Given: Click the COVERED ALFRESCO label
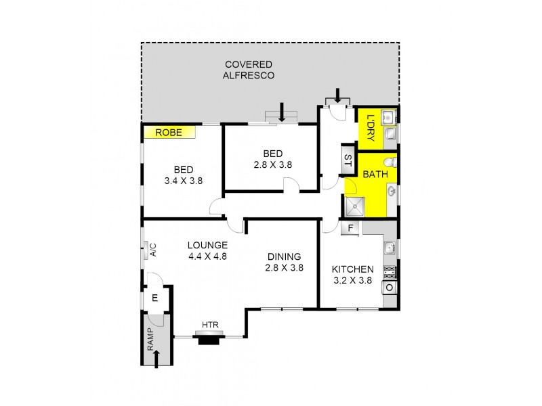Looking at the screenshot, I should (249, 70).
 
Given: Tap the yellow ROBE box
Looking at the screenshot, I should (169, 133).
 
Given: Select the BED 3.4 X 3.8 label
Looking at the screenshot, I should (183, 175).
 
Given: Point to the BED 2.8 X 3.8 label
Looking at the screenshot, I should (270, 158).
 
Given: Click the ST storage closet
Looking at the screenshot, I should (348, 160).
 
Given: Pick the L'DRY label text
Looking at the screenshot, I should (370, 127).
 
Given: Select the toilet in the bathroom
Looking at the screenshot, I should (389, 163).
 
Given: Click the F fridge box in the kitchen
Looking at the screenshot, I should (350, 228).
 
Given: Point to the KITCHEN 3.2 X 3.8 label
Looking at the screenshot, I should (353, 273).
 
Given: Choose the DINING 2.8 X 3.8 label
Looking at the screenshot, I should (284, 262).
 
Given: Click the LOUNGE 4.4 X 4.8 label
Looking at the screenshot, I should (208, 250).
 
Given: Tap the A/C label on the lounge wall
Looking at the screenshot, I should (153, 250).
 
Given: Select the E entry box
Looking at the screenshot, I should (154, 298).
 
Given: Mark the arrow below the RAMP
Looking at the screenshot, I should (157, 358).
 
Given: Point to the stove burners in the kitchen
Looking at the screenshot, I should (390, 273).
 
